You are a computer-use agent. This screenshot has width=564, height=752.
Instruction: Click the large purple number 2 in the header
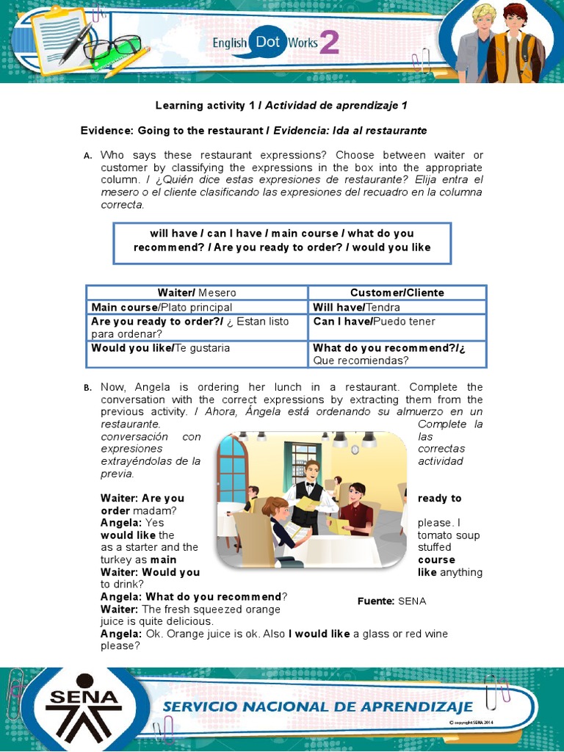click(x=330, y=43)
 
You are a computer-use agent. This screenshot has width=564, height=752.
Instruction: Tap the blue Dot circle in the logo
click(x=268, y=42)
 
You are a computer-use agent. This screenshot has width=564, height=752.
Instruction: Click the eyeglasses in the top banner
click(x=112, y=48)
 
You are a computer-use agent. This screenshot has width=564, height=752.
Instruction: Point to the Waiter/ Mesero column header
click(x=197, y=292)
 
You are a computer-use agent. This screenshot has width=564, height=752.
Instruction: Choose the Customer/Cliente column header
click(x=397, y=292)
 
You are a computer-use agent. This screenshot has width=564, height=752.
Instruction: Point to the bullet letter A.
click(x=87, y=156)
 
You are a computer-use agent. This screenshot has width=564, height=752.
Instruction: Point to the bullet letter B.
click(x=87, y=388)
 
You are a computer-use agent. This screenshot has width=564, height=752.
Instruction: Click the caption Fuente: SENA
click(x=391, y=601)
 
